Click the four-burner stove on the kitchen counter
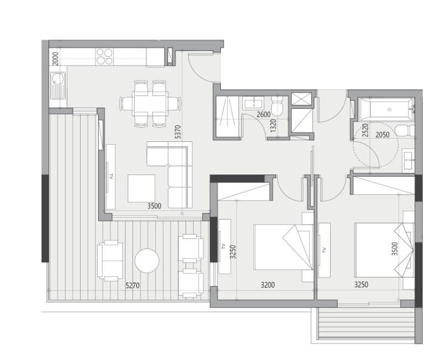point(104,56)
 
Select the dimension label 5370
point(178,132)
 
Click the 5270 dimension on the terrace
point(132,285)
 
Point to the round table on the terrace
point(147,261)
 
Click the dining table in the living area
point(150,104)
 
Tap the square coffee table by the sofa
point(141,189)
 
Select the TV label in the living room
point(111,177)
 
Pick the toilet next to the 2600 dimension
point(277,107)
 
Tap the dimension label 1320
point(273,126)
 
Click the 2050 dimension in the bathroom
point(383,135)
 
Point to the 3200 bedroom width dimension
point(268,284)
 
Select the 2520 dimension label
point(365,130)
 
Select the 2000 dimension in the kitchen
point(55,59)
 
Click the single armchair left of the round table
point(110,261)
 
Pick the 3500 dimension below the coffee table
point(154,206)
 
